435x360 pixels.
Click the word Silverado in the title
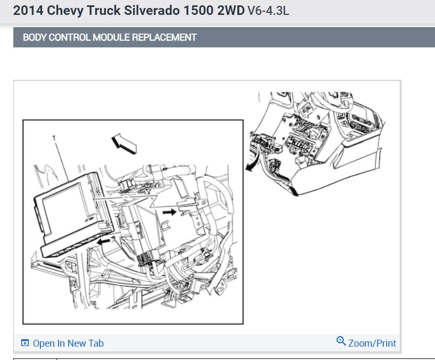pyautogui.click(x=151, y=11)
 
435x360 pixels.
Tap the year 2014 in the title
pyautogui.click(x=28, y=11)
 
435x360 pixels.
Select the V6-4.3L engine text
pyautogui.click(x=268, y=11)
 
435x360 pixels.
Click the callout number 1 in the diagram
pyautogui.click(x=54, y=138)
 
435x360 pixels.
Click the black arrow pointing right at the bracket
pyautogui.click(x=169, y=212)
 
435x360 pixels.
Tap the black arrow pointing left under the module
pyautogui.click(x=103, y=242)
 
